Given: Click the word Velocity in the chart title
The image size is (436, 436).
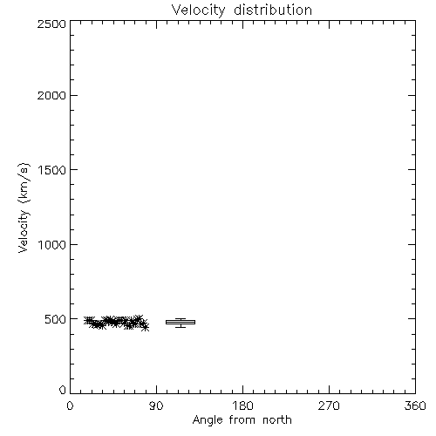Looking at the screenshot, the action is coord(199,10).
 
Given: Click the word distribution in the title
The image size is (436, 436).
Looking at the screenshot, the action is coord(273,10).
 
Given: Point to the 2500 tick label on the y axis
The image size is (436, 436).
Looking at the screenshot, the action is coord(51,24).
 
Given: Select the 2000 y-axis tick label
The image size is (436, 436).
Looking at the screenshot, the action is coord(51,95).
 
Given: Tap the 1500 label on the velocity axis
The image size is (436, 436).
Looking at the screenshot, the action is coord(52,170).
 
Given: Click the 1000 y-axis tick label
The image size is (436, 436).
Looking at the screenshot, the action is coord(52,244).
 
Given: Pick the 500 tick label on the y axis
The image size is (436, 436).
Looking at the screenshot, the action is coord(56,319).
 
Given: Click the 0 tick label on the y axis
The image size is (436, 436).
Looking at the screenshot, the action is coord(63,390).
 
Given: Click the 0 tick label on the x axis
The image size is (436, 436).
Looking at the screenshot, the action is coord(70,405).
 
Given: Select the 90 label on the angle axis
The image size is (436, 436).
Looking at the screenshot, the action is coord(156,405).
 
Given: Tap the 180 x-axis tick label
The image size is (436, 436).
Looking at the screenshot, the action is coord(242,405).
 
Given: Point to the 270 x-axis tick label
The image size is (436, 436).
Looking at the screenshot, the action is coord(329,405).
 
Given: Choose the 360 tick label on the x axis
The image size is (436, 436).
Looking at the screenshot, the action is coord(415,405).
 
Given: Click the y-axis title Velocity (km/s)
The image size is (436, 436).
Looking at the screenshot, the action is coord(24,208).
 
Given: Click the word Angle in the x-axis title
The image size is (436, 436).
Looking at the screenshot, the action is coord(208,420).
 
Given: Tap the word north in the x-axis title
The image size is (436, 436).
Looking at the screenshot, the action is coord(277,420).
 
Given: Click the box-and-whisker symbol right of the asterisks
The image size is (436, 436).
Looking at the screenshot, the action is coord(181,323).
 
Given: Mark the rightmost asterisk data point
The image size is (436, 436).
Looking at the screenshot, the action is coord(145,327).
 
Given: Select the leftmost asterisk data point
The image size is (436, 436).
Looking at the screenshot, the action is coord(88,320).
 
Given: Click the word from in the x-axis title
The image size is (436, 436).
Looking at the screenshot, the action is coord(242,420).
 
